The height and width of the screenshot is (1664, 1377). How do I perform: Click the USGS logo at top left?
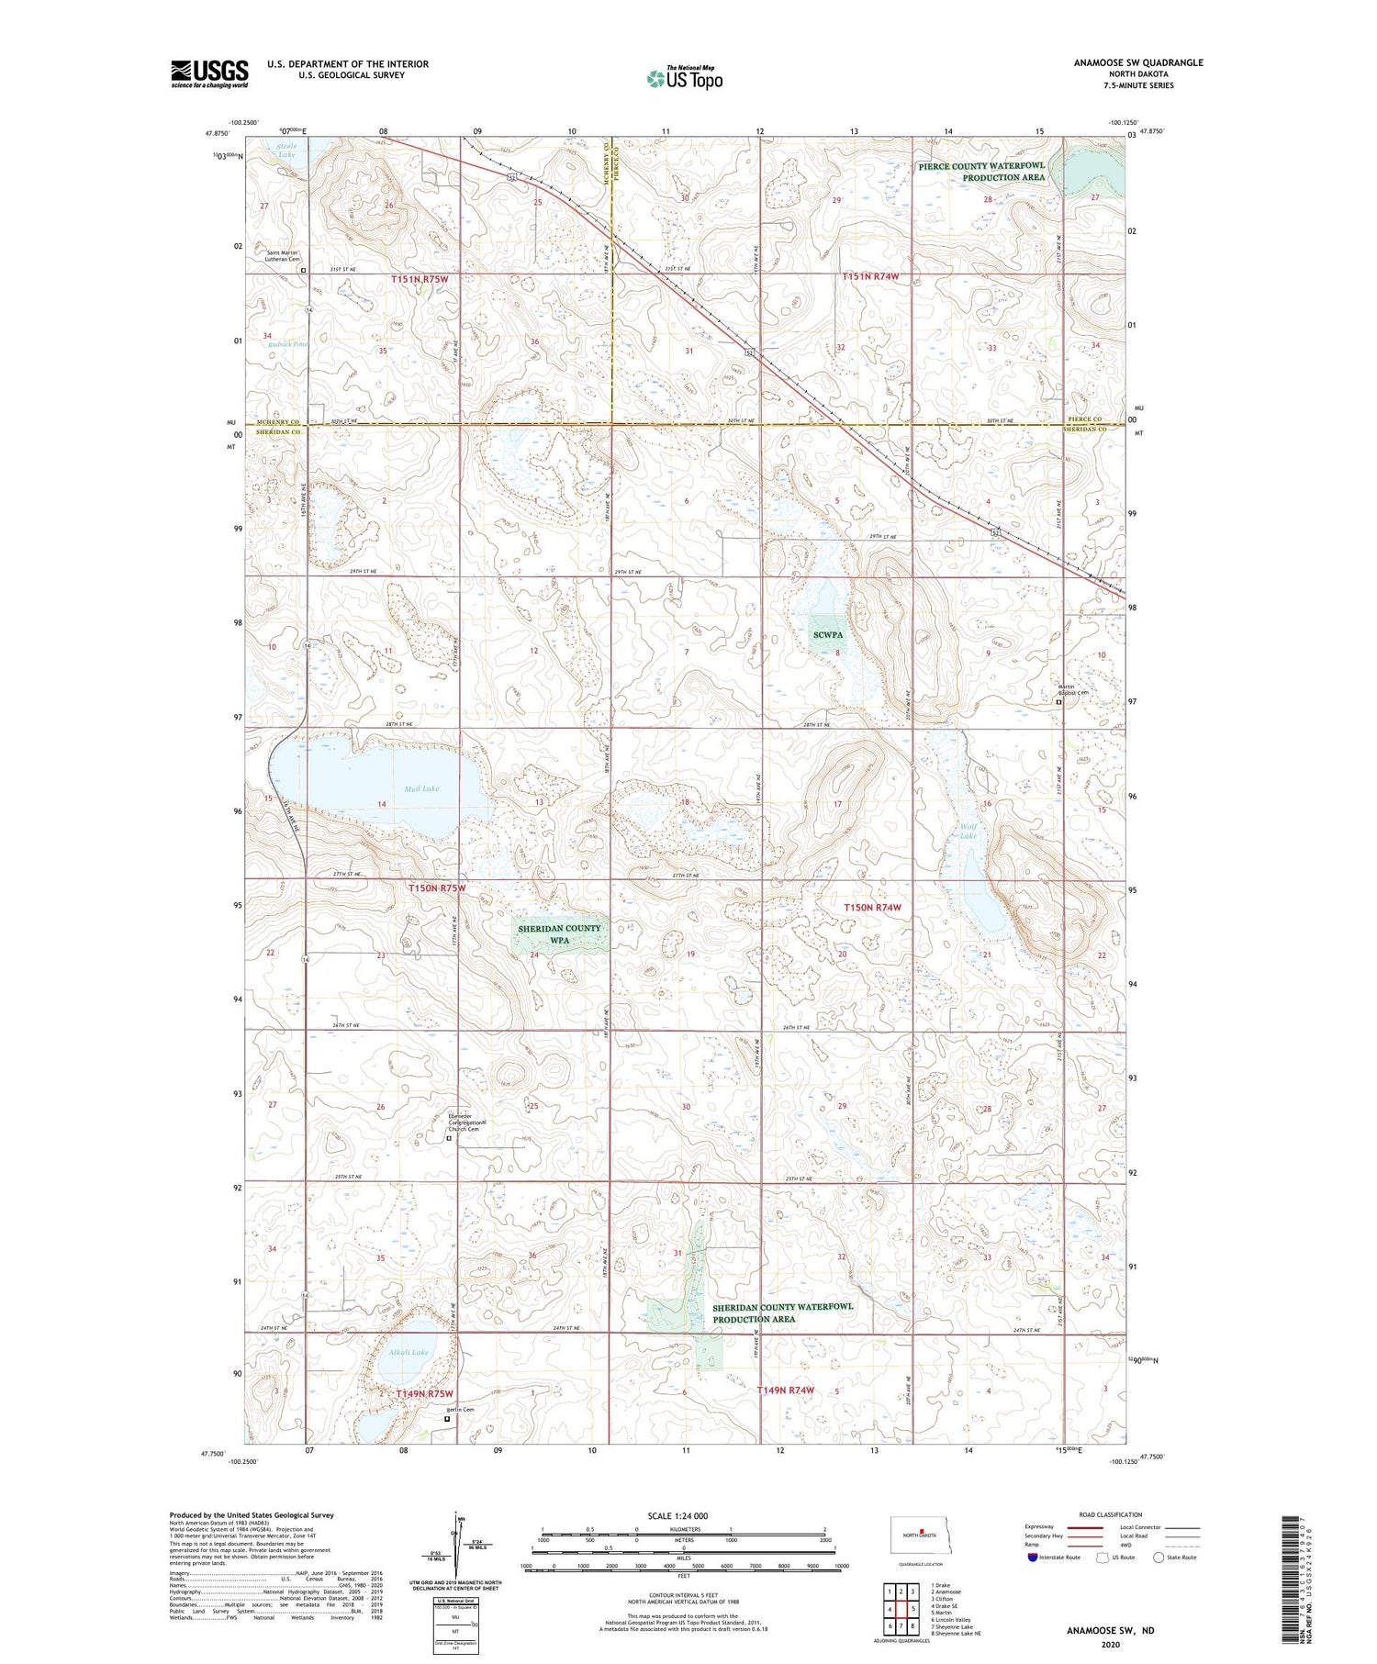[209, 73]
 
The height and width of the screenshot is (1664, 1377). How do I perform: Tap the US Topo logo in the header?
[684, 79]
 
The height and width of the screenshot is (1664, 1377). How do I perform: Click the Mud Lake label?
[421, 788]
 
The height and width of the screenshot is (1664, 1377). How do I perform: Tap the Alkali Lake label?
[408, 1352]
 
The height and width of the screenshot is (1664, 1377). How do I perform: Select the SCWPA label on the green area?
[827, 634]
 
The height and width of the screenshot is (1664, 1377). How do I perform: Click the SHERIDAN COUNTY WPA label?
[559, 933]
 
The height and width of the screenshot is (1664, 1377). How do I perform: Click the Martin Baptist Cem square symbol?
[1058, 702]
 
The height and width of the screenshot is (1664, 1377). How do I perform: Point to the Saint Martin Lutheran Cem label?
[284, 256]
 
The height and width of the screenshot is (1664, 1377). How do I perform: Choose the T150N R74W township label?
[872, 907]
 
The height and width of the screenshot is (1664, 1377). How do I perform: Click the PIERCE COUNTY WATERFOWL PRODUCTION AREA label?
[981, 172]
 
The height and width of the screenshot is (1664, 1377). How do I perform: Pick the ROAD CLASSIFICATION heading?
[1111, 1514]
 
